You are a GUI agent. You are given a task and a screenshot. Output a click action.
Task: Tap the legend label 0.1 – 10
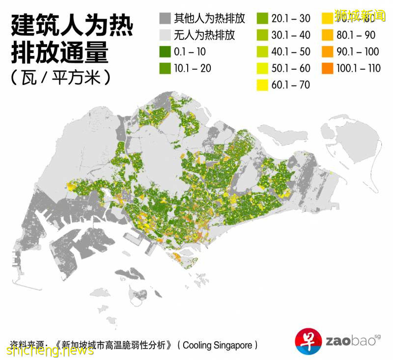click(190, 52)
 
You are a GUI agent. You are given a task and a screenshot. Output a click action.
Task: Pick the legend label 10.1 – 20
click(192, 68)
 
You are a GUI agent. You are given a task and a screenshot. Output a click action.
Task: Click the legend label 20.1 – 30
click(291, 19)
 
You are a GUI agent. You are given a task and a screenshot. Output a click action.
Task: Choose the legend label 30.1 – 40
click(291, 35)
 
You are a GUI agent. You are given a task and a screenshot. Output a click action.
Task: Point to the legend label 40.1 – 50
click(291, 52)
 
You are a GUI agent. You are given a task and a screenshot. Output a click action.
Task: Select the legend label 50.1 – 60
click(291, 68)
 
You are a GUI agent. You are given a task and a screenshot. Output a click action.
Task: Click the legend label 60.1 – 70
click(291, 84)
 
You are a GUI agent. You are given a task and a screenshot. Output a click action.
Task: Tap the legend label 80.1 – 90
click(356, 35)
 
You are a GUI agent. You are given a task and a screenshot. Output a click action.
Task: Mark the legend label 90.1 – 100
click(358, 52)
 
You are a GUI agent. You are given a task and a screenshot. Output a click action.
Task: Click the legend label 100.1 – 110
click(359, 68)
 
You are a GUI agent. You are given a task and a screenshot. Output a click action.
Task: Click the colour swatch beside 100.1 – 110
click(328, 68)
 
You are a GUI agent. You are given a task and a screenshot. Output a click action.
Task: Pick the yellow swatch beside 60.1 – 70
click(263, 84)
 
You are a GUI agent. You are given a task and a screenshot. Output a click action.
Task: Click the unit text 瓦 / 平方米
click(59, 78)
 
